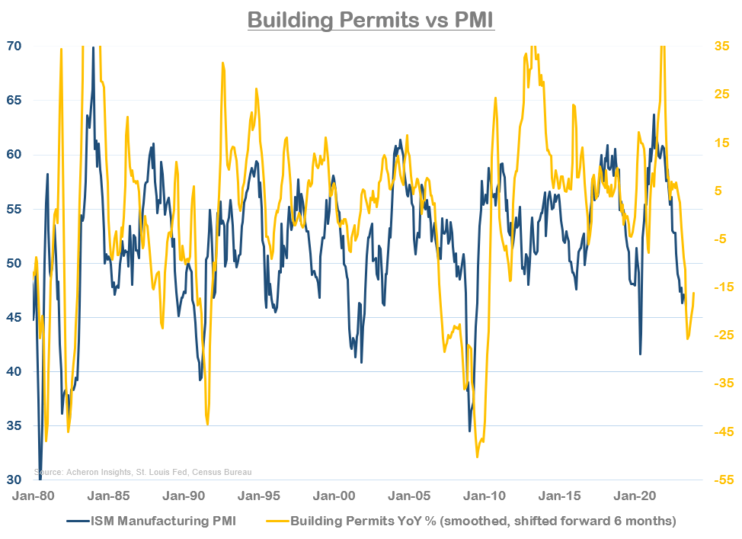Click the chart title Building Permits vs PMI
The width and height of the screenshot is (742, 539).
coord(371,18)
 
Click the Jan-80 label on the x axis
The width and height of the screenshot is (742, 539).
coord(34,496)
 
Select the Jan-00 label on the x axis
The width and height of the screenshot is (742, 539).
coord(336,496)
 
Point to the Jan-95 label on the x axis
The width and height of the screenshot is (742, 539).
coord(261,496)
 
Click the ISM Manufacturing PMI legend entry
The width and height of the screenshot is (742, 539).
coord(153,521)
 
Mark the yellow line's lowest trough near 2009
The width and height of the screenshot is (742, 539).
coord(477,457)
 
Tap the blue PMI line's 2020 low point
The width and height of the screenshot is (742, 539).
coord(641,355)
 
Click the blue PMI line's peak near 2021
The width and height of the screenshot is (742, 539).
coord(654,115)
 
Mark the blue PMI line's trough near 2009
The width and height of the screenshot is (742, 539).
coord(469,431)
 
